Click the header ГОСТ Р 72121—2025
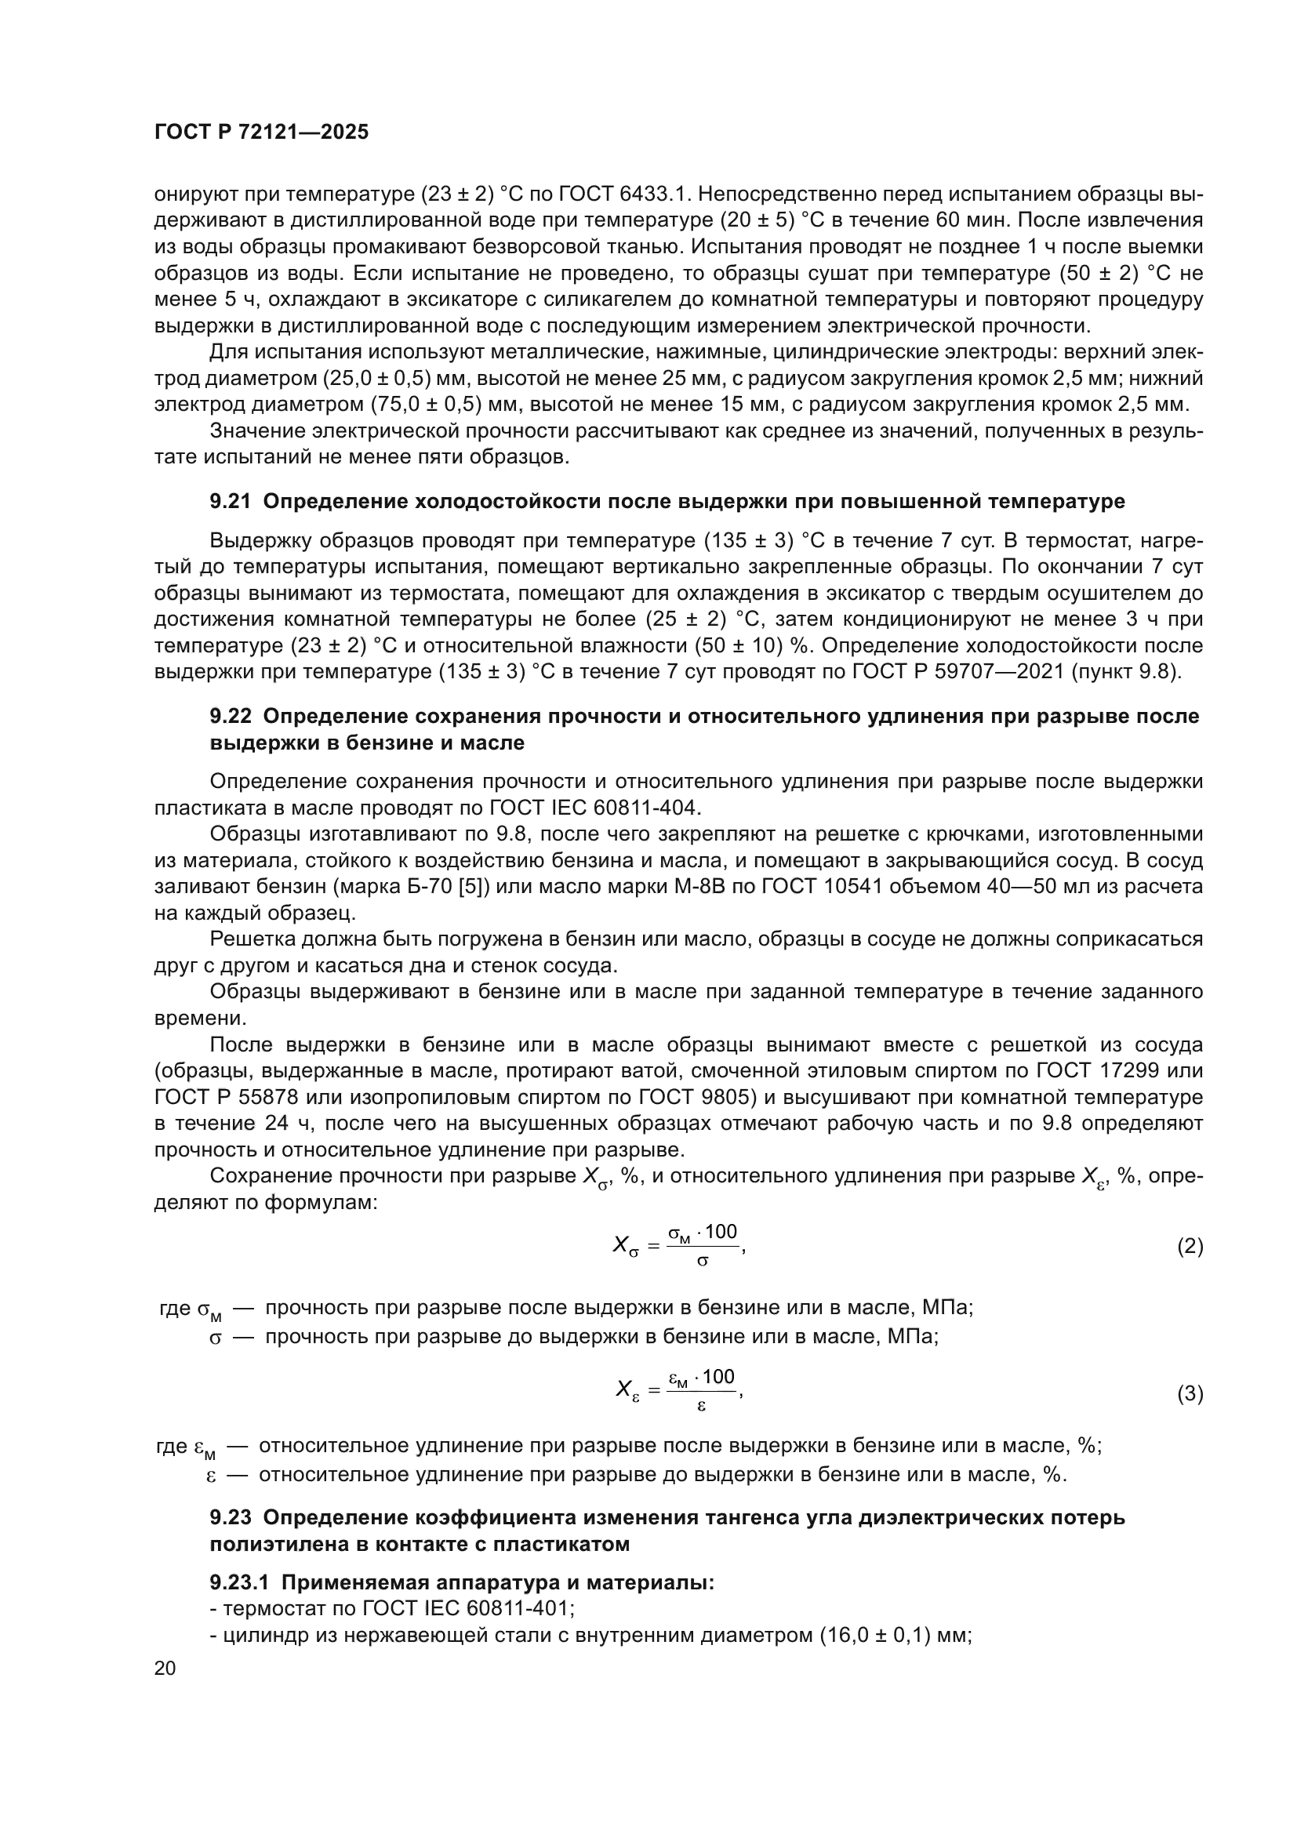point(261,133)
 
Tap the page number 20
point(165,1668)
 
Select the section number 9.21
point(230,502)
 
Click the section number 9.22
point(230,716)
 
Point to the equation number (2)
point(1190,1246)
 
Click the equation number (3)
point(1190,1394)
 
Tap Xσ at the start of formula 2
point(625,1246)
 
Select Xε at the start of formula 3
point(627,1392)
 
